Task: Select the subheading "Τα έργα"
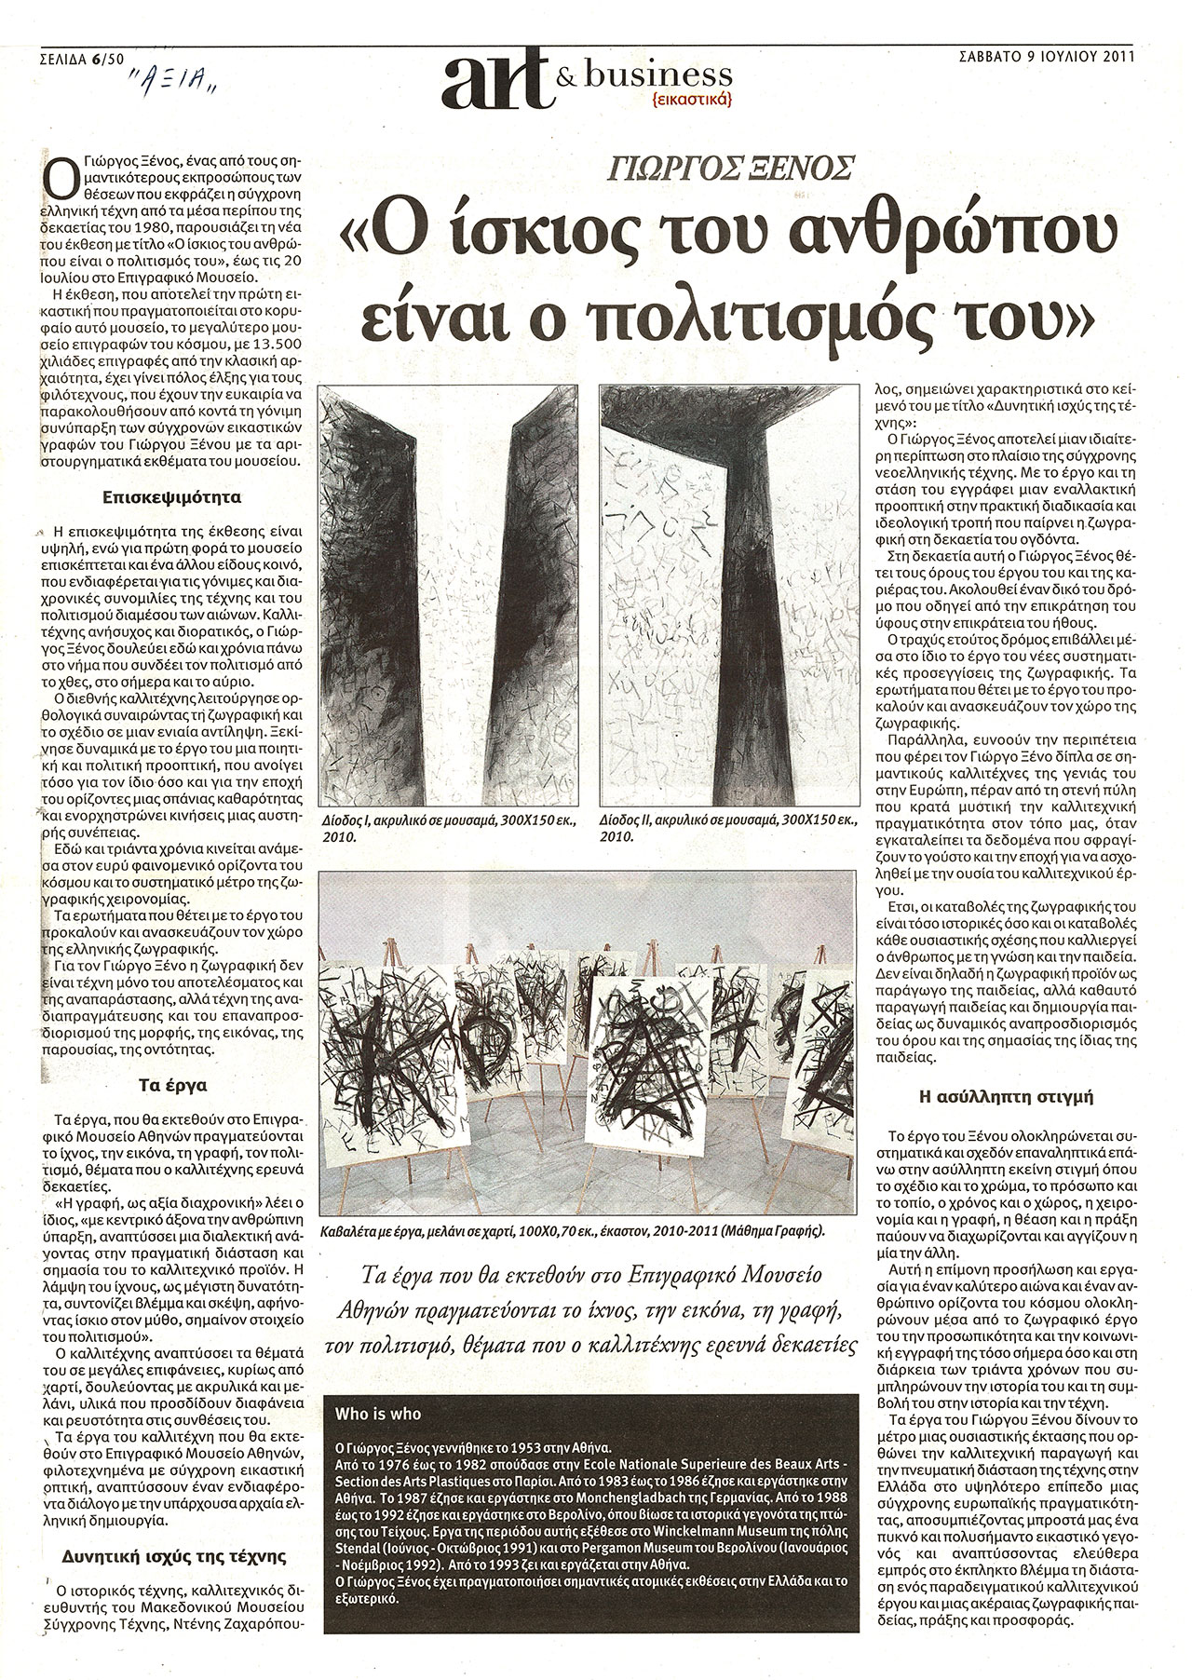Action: (180, 1085)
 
